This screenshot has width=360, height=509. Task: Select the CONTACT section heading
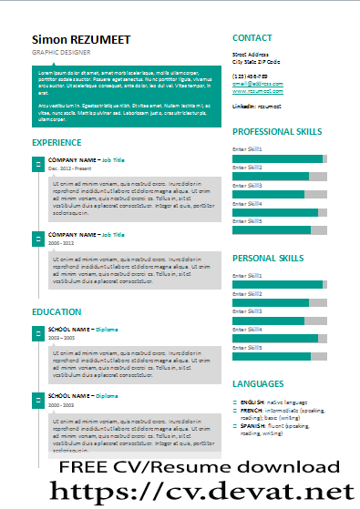point(252,38)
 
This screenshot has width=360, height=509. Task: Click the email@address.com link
point(257,83)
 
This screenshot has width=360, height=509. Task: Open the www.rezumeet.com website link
point(259,91)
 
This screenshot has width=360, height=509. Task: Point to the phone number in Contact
point(252,76)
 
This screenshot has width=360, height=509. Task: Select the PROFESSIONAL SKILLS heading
point(277,132)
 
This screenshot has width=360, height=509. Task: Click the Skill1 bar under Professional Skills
point(280,158)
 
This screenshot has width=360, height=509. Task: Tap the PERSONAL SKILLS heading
point(268,258)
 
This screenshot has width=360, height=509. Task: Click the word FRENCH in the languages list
point(252,411)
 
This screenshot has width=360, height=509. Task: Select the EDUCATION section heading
point(57,312)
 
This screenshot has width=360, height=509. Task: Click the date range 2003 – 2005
point(60,337)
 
